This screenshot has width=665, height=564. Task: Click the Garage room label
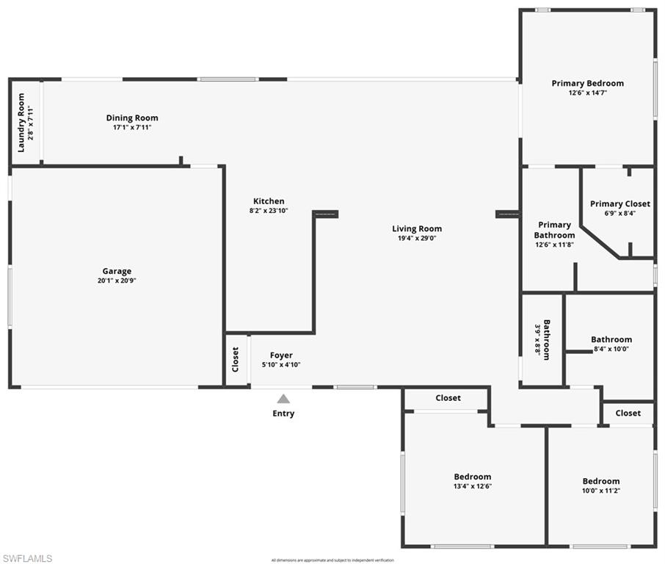pos(117,271)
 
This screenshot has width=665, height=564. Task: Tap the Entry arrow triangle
pos(283,399)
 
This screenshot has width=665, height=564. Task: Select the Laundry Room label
pos(21,122)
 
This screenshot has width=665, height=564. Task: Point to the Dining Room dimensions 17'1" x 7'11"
pos(132,127)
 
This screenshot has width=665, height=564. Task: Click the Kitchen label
pos(269,201)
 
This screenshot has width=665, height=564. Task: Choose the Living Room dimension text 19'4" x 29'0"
pos(417,238)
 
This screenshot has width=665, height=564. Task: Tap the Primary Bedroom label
pos(588,84)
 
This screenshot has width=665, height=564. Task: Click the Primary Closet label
pos(620,204)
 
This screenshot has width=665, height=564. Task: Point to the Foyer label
pos(281,355)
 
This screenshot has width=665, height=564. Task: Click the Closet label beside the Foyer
pos(236,360)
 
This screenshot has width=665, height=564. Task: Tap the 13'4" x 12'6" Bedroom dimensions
pos(472,486)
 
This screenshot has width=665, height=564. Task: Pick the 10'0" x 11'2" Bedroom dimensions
pos(601,491)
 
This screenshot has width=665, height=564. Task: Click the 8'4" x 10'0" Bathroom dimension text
pos(611,349)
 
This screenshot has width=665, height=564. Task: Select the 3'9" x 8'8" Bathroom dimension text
pos(537,341)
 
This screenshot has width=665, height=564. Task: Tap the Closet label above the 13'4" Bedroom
pos(448,398)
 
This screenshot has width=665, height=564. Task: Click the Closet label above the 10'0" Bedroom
pos(628,413)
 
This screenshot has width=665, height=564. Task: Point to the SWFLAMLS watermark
pos(27,558)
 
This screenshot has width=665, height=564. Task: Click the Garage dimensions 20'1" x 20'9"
pos(117,281)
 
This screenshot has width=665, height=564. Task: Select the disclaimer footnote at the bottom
pos(332,560)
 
